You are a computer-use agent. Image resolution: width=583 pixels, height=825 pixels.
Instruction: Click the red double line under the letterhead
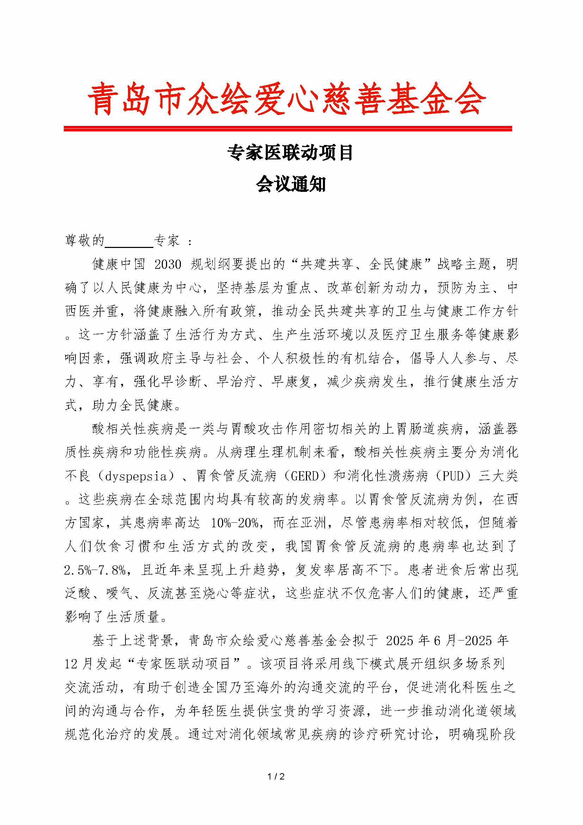[288, 128]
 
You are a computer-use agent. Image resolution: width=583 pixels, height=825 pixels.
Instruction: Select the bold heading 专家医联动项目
[290, 153]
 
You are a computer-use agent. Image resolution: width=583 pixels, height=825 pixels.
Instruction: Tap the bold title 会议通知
[291, 185]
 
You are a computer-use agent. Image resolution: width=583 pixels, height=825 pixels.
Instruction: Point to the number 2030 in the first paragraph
[168, 265]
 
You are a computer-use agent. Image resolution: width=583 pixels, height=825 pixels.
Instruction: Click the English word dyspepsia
[136, 477]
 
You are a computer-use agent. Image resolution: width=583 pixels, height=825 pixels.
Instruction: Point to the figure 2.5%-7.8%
[95, 570]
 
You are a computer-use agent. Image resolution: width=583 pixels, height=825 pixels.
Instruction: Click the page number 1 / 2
[276, 776]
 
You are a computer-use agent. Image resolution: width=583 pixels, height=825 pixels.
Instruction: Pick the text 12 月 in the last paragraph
[79, 664]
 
